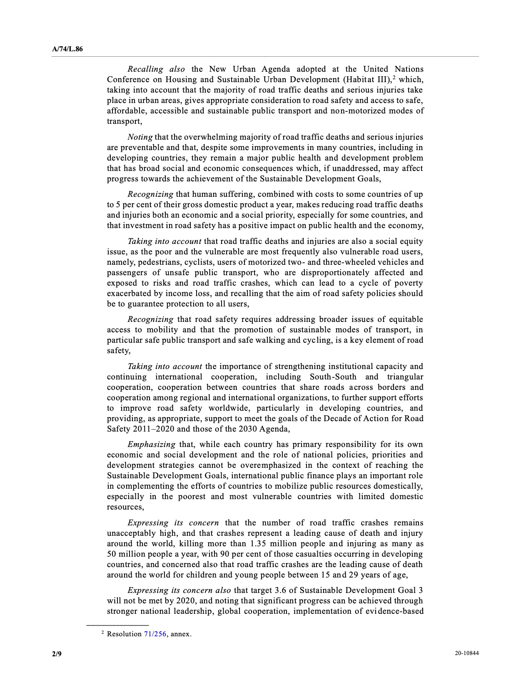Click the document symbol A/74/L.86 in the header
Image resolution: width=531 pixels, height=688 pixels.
point(67,49)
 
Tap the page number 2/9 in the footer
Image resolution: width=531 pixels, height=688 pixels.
point(57,654)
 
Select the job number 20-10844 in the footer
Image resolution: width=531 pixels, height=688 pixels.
point(466,654)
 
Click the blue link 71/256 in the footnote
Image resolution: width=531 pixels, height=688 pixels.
point(155,634)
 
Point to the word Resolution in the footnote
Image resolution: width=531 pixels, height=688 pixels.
point(124,634)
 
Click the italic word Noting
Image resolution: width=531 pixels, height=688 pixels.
point(140,137)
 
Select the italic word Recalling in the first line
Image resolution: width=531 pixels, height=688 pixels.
point(145,69)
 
